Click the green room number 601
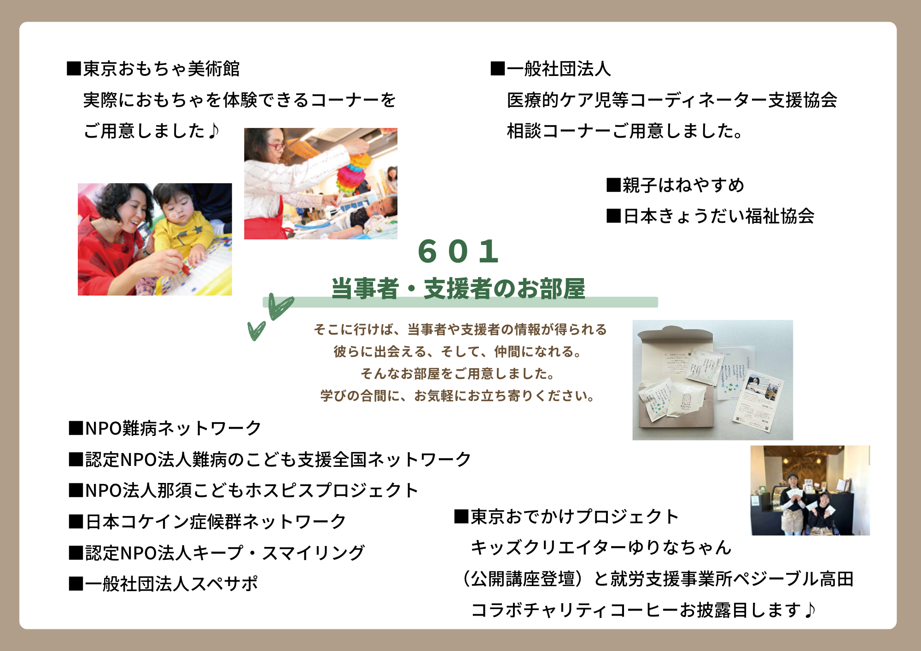pos(458,251)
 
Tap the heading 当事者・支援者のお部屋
pos(458,289)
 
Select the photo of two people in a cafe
pos(810,490)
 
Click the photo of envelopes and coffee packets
pos(713,380)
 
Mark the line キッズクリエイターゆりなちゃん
pos(601,547)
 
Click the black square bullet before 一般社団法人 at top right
pos(498,69)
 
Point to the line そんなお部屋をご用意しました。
pos(458,373)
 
